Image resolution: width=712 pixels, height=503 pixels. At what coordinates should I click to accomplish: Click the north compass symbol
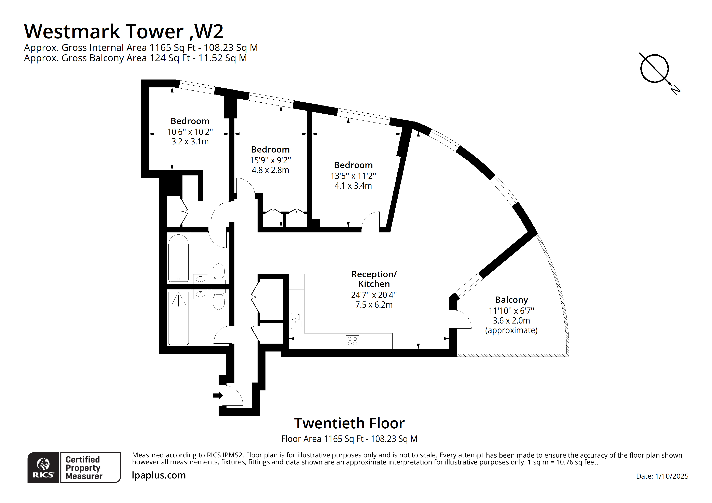coord(654,69)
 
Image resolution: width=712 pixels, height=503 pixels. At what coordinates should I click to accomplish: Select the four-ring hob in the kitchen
coord(352,341)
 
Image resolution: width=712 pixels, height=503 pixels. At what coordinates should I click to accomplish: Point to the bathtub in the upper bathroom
coord(178,258)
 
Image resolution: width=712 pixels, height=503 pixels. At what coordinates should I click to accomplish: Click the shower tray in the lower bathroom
coord(178,318)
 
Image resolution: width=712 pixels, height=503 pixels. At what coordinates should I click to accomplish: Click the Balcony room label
coord(511,300)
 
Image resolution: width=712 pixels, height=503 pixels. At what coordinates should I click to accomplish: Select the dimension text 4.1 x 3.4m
coord(353,186)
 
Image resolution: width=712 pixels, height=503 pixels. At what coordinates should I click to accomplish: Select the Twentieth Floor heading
coord(349,423)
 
